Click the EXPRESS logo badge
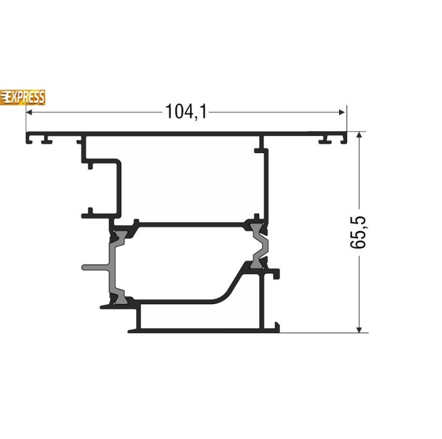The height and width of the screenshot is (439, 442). click(23, 97)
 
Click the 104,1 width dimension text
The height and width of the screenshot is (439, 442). click(186, 112)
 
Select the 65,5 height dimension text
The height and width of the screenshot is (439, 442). click(358, 232)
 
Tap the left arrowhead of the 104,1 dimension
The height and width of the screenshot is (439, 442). click(29, 112)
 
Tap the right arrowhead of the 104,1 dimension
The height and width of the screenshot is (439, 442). click(342, 112)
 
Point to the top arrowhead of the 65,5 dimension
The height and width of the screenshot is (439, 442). click(359, 135)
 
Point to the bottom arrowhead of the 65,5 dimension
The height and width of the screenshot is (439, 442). click(359, 330)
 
